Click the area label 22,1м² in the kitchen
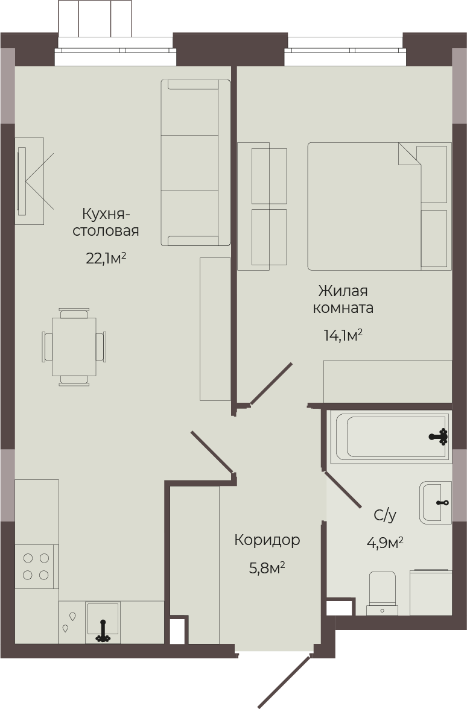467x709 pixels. coord(106,259)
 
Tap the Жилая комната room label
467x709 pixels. coord(343,299)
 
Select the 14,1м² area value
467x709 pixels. coord(343,335)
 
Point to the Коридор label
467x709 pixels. coord(267,540)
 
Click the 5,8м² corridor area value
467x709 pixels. coord(267,568)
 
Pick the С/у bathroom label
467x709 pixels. coord(385,515)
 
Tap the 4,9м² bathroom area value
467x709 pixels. coord(385,542)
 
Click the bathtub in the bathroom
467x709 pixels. coord(390,436)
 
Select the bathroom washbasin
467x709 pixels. coord(436,503)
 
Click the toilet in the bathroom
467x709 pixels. coord(383,593)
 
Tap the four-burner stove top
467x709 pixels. coord(37,567)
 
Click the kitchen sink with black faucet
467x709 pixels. coord(103,622)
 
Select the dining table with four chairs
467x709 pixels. coord(74,347)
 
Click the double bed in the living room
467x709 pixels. coord(379,206)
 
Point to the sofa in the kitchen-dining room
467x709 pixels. coord(195,163)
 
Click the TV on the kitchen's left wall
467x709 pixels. coord(21,181)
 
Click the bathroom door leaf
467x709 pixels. coord(342,490)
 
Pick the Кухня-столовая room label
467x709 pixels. coord(106,222)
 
